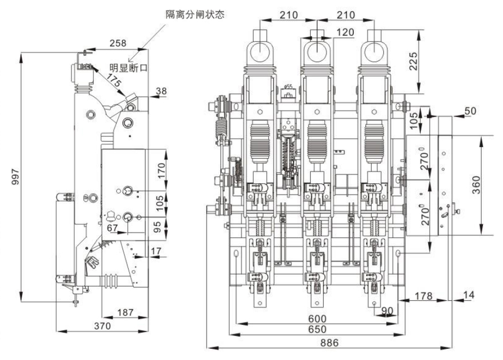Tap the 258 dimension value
(x=118, y=44)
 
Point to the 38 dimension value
(x=161, y=90)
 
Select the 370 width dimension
(x=102, y=326)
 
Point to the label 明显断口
(x=129, y=68)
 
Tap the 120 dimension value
(x=346, y=32)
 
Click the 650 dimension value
(x=318, y=330)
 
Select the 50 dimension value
(x=471, y=111)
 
